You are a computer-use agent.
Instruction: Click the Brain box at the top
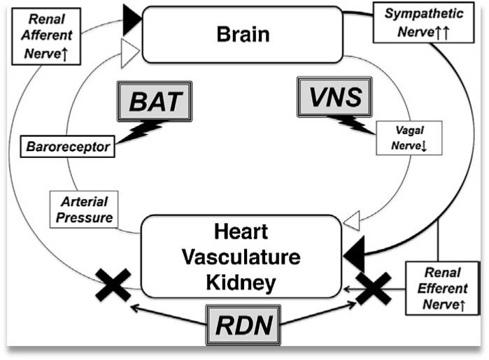pyautogui.click(x=242, y=34)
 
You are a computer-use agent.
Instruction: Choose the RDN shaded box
pyautogui.click(x=241, y=324)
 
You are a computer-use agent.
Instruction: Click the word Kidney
pyautogui.click(x=241, y=283)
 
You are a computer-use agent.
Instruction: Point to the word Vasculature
pyautogui.click(x=241, y=257)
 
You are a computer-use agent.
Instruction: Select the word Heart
pyautogui.click(x=241, y=231)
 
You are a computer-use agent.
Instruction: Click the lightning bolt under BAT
pyautogui.click(x=143, y=131)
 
